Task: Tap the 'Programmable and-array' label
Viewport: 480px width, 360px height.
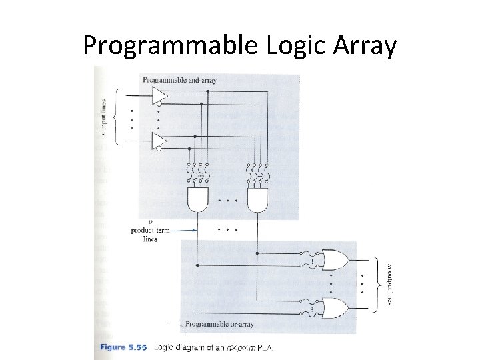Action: (179, 81)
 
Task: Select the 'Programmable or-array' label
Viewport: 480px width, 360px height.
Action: (219, 324)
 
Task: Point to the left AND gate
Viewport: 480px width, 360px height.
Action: (198, 198)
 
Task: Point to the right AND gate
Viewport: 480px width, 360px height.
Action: (257, 198)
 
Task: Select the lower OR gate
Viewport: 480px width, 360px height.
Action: (333, 307)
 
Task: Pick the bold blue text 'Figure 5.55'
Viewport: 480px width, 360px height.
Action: (125, 347)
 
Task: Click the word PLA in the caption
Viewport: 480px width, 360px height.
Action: (265, 347)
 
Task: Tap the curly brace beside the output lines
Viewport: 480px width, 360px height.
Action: (378, 283)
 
